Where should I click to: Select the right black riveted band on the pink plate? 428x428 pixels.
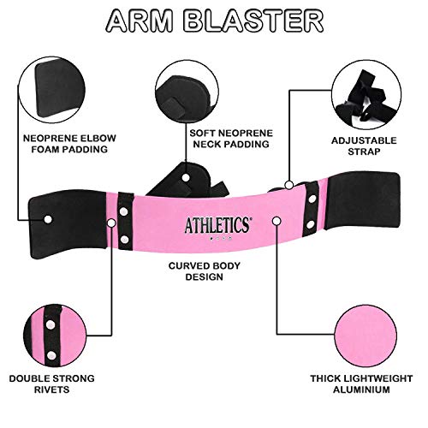pyautogui.click(x=304, y=211)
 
